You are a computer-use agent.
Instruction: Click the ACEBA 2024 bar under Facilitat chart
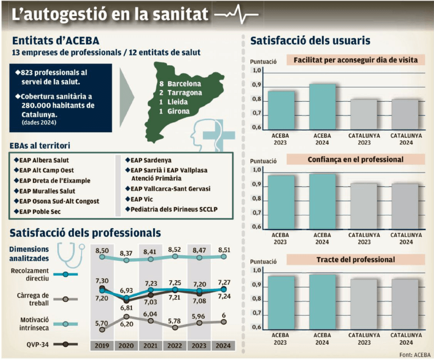click(322, 107)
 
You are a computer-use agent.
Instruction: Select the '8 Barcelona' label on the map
click(180, 84)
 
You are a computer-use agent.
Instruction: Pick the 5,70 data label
click(102, 323)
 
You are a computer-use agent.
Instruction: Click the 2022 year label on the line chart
click(175, 345)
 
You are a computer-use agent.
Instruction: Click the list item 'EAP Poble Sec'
click(40, 211)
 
